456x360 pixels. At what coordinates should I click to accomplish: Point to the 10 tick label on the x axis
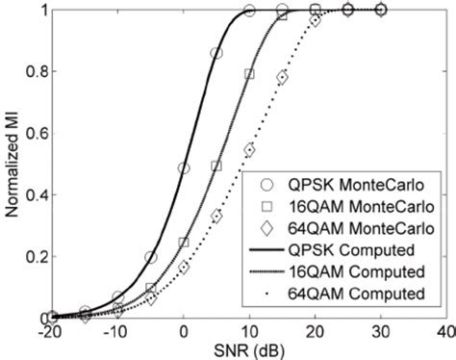coord(249,330)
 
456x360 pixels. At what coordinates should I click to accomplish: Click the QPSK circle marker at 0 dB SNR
coord(184,168)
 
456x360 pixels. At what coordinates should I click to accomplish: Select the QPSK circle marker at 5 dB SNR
coord(216,54)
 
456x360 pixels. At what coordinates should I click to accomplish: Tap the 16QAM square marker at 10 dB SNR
coord(249,74)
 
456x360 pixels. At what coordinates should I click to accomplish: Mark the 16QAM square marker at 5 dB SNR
coord(216,167)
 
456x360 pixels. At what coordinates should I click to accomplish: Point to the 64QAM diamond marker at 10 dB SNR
coord(249,149)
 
